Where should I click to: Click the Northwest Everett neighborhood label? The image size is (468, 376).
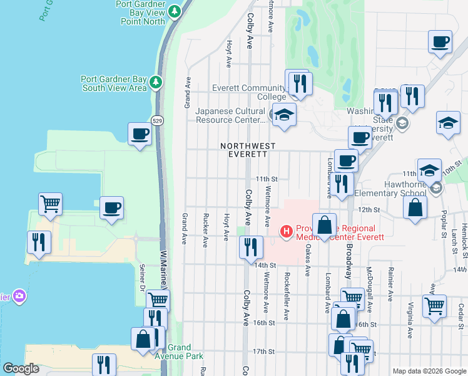pyautogui.click(x=248, y=149)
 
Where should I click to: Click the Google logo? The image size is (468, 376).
pyautogui.click(x=21, y=368)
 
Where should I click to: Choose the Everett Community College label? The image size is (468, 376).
pyautogui.click(x=248, y=92)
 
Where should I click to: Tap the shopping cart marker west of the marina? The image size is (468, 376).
pyautogui.click(x=50, y=203)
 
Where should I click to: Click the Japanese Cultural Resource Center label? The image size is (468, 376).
pyautogui.click(x=231, y=115)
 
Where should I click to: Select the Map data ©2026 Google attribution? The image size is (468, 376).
pyautogui.click(x=429, y=371)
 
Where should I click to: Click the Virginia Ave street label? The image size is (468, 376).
pyautogui.click(x=410, y=320)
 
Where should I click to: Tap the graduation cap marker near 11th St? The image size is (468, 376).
pyautogui.click(x=429, y=170)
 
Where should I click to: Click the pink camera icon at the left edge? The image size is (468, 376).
pyautogui.click(x=19, y=295)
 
